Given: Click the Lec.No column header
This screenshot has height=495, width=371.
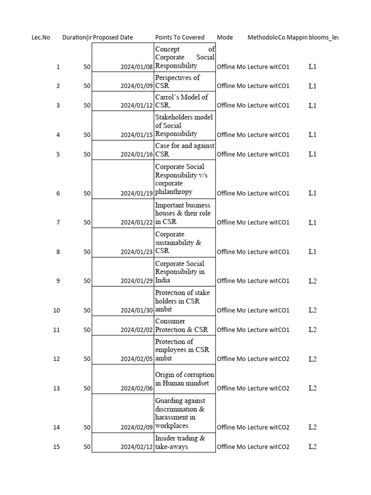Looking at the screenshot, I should (x=41, y=37).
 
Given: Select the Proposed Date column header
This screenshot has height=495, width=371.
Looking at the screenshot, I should (x=113, y=37).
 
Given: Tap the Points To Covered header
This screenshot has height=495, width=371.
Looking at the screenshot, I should (x=180, y=37).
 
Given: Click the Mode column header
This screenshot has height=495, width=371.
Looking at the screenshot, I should (x=225, y=37).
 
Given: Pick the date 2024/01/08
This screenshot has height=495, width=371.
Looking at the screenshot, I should (x=137, y=67).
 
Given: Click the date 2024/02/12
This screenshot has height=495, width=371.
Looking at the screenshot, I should (x=137, y=447).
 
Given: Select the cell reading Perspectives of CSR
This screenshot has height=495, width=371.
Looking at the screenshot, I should (x=177, y=82).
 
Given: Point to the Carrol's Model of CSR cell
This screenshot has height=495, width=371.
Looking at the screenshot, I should (x=181, y=101).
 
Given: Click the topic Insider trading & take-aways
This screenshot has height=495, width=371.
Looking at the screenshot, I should (x=180, y=442).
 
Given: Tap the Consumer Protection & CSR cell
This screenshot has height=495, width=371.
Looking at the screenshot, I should (x=181, y=325).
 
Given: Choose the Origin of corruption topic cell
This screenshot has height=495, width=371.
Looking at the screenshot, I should (x=185, y=379).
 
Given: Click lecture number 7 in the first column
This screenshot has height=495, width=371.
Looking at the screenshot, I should (x=58, y=222).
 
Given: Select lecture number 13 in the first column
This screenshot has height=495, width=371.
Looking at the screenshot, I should (x=57, y=388).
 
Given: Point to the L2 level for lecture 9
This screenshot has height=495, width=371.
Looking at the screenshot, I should (x=313, y=281).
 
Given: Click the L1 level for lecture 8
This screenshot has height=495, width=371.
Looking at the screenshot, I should (x=313, y=251).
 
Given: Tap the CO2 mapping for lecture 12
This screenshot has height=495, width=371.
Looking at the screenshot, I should (x=284, y=359).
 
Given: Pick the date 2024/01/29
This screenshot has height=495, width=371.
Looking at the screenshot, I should (x=137, y=281).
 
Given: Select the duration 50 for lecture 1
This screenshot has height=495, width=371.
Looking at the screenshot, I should (x=86, y=67).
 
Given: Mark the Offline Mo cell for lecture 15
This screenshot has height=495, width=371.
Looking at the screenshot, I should (x=231, y=447).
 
